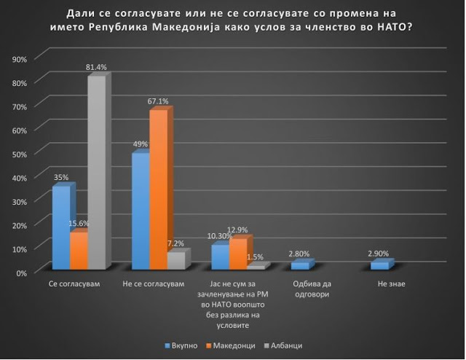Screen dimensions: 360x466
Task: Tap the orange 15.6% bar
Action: coord(79,251)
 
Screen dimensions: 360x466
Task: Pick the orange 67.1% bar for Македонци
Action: coord(158,189)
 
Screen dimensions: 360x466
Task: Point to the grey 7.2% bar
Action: coord(175,261)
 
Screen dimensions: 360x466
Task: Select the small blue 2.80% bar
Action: coord(299,266)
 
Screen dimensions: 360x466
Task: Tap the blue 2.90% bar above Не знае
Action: coord(379,266)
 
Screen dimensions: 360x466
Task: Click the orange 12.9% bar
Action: coord(237,254)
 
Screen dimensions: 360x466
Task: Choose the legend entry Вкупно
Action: coord(191,345)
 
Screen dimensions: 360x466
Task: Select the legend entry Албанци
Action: coord(286,345)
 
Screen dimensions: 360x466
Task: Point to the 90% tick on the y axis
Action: coord(20,58)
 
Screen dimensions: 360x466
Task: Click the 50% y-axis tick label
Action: coord(20,154)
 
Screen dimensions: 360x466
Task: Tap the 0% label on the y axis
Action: coord(22,272)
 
